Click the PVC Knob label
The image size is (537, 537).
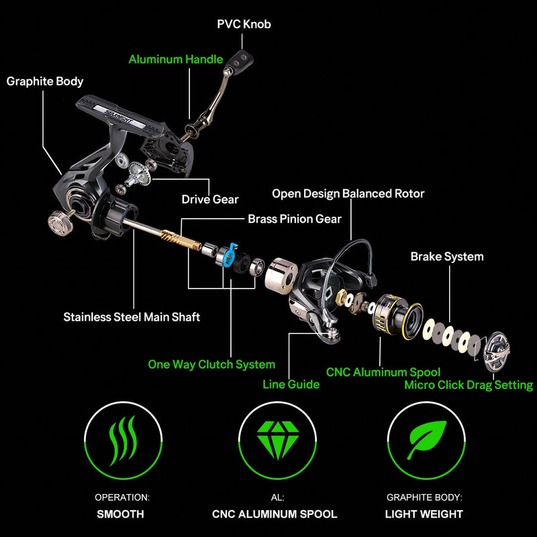[x=244, y=24]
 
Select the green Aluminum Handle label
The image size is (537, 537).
[x=176, y=59]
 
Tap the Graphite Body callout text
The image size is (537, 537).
[x=45, y=81]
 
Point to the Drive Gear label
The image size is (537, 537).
[x=210, y=199]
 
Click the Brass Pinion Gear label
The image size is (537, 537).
[x=295, y=219]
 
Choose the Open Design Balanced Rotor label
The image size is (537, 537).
[x=348, y=194]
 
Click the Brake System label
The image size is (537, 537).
[x=447, y=256]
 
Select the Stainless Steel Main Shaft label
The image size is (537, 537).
[x=132, y=317]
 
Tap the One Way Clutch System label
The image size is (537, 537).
[x=211, y=364]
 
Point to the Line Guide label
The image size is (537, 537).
[x=291, y=385]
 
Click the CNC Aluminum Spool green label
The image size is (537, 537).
[x=383, y=372]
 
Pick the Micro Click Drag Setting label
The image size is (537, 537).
[x=469, y=385]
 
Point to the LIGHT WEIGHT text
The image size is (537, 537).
[x=424, y=514]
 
